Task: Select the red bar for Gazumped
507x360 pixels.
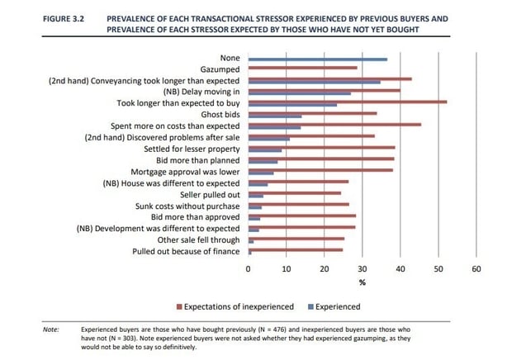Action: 303,69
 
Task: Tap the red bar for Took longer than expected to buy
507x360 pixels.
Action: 348,102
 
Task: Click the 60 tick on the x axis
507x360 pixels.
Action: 476,269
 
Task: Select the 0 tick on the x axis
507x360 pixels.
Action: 249,269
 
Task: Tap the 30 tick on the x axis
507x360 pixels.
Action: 362,269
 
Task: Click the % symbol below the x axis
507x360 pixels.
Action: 361,282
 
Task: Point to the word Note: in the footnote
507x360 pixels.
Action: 50,329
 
